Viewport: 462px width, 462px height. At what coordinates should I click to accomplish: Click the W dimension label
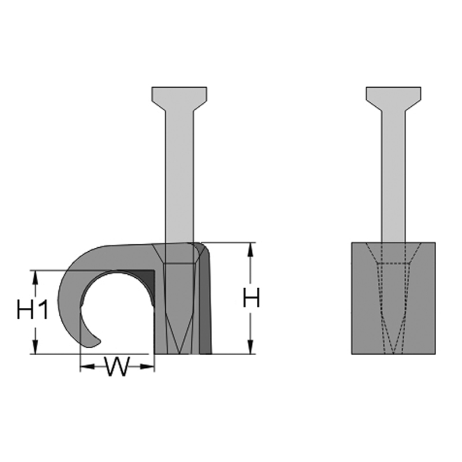(x=117, y=366)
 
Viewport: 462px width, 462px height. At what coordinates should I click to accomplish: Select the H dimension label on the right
(x=251, y=297)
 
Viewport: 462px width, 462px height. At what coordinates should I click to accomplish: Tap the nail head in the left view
(x=179, y=98)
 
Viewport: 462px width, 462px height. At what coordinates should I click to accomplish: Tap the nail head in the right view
(x=393, y=98)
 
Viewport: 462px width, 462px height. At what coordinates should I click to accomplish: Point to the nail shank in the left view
(x=179, y=177)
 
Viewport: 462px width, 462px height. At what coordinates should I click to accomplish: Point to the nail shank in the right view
(x=393, y=177)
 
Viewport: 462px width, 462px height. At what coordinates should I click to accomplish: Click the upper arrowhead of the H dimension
(x=251, y=249)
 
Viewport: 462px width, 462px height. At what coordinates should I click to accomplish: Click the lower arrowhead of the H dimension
(x=251, y=347)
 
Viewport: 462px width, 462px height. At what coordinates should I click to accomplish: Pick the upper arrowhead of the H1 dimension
(x=36, y=277)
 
